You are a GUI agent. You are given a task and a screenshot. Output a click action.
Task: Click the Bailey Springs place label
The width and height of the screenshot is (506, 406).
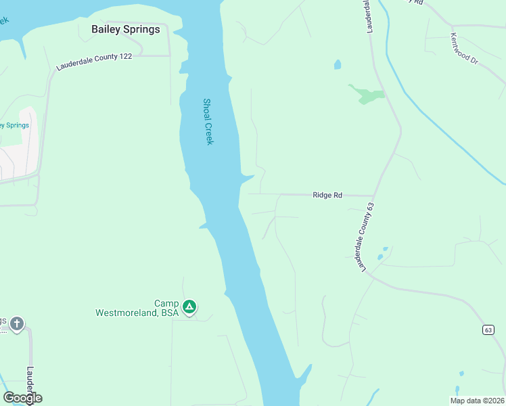point(126,29)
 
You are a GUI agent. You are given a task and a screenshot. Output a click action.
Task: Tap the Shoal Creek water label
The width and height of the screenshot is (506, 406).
point(208,122)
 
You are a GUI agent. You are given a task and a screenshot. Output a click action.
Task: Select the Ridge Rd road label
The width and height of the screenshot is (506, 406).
point(327,195)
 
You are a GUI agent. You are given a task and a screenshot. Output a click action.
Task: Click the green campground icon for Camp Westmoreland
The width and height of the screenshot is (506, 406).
point(190,307)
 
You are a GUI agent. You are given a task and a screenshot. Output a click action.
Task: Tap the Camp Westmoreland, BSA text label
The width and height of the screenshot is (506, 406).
point(137,309)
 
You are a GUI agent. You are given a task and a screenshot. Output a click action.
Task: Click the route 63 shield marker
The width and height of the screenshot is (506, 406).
point(488,330)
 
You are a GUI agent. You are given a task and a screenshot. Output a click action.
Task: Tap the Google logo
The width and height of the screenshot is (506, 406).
point(22,398)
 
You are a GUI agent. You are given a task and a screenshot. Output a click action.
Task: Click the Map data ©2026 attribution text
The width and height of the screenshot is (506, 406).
point(477,401)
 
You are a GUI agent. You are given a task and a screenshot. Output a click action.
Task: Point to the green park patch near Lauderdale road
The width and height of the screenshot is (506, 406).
point(367,95)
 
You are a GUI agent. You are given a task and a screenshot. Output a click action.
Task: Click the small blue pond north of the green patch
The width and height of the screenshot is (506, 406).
point(337,65)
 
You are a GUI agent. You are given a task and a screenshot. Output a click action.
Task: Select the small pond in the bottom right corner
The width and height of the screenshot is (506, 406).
point(461,374)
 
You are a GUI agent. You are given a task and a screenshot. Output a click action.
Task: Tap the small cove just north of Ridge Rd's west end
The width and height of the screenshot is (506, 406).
point(247,179)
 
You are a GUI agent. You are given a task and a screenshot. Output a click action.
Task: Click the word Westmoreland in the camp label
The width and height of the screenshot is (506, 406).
point(127,313)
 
